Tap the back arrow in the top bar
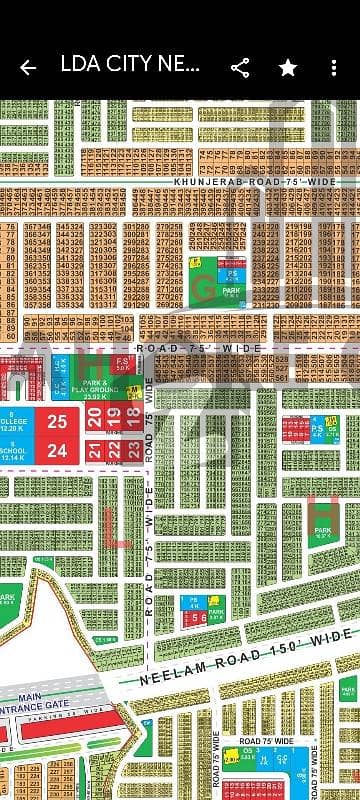pyautogui.click(x=28, y=68)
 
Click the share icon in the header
pyautogui.click(x=240, y=68)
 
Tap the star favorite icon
pyautogui.click(x=288, y=68)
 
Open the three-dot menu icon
pyautogui.click(x=334, y=68)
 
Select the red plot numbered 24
pyautogui.click(x=57, y=451)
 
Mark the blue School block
pyautogui.click(x=18, y=451)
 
